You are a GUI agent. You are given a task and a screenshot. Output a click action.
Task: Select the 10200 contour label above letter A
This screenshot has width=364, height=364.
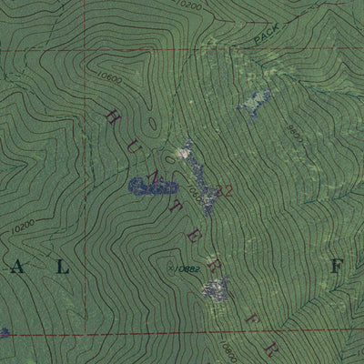click(25, 223)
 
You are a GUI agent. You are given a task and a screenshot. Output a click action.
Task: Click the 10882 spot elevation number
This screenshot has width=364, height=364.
click(186, 269)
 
